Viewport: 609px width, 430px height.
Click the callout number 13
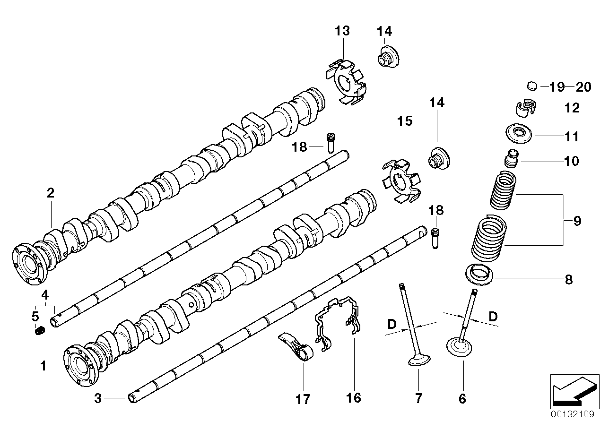pos(342,31)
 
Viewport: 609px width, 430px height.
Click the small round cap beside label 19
pos(532,86)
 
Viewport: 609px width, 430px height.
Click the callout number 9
pos(577,221)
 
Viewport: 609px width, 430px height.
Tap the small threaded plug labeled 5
pos(40,331)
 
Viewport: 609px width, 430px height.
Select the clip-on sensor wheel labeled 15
pos(401,182)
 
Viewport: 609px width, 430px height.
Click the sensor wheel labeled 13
pos(347,80)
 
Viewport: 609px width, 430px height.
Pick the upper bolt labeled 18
pos(330,141)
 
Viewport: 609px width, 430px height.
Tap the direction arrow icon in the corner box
pos(571,390)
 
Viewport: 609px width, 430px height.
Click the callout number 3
pos(98,399)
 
